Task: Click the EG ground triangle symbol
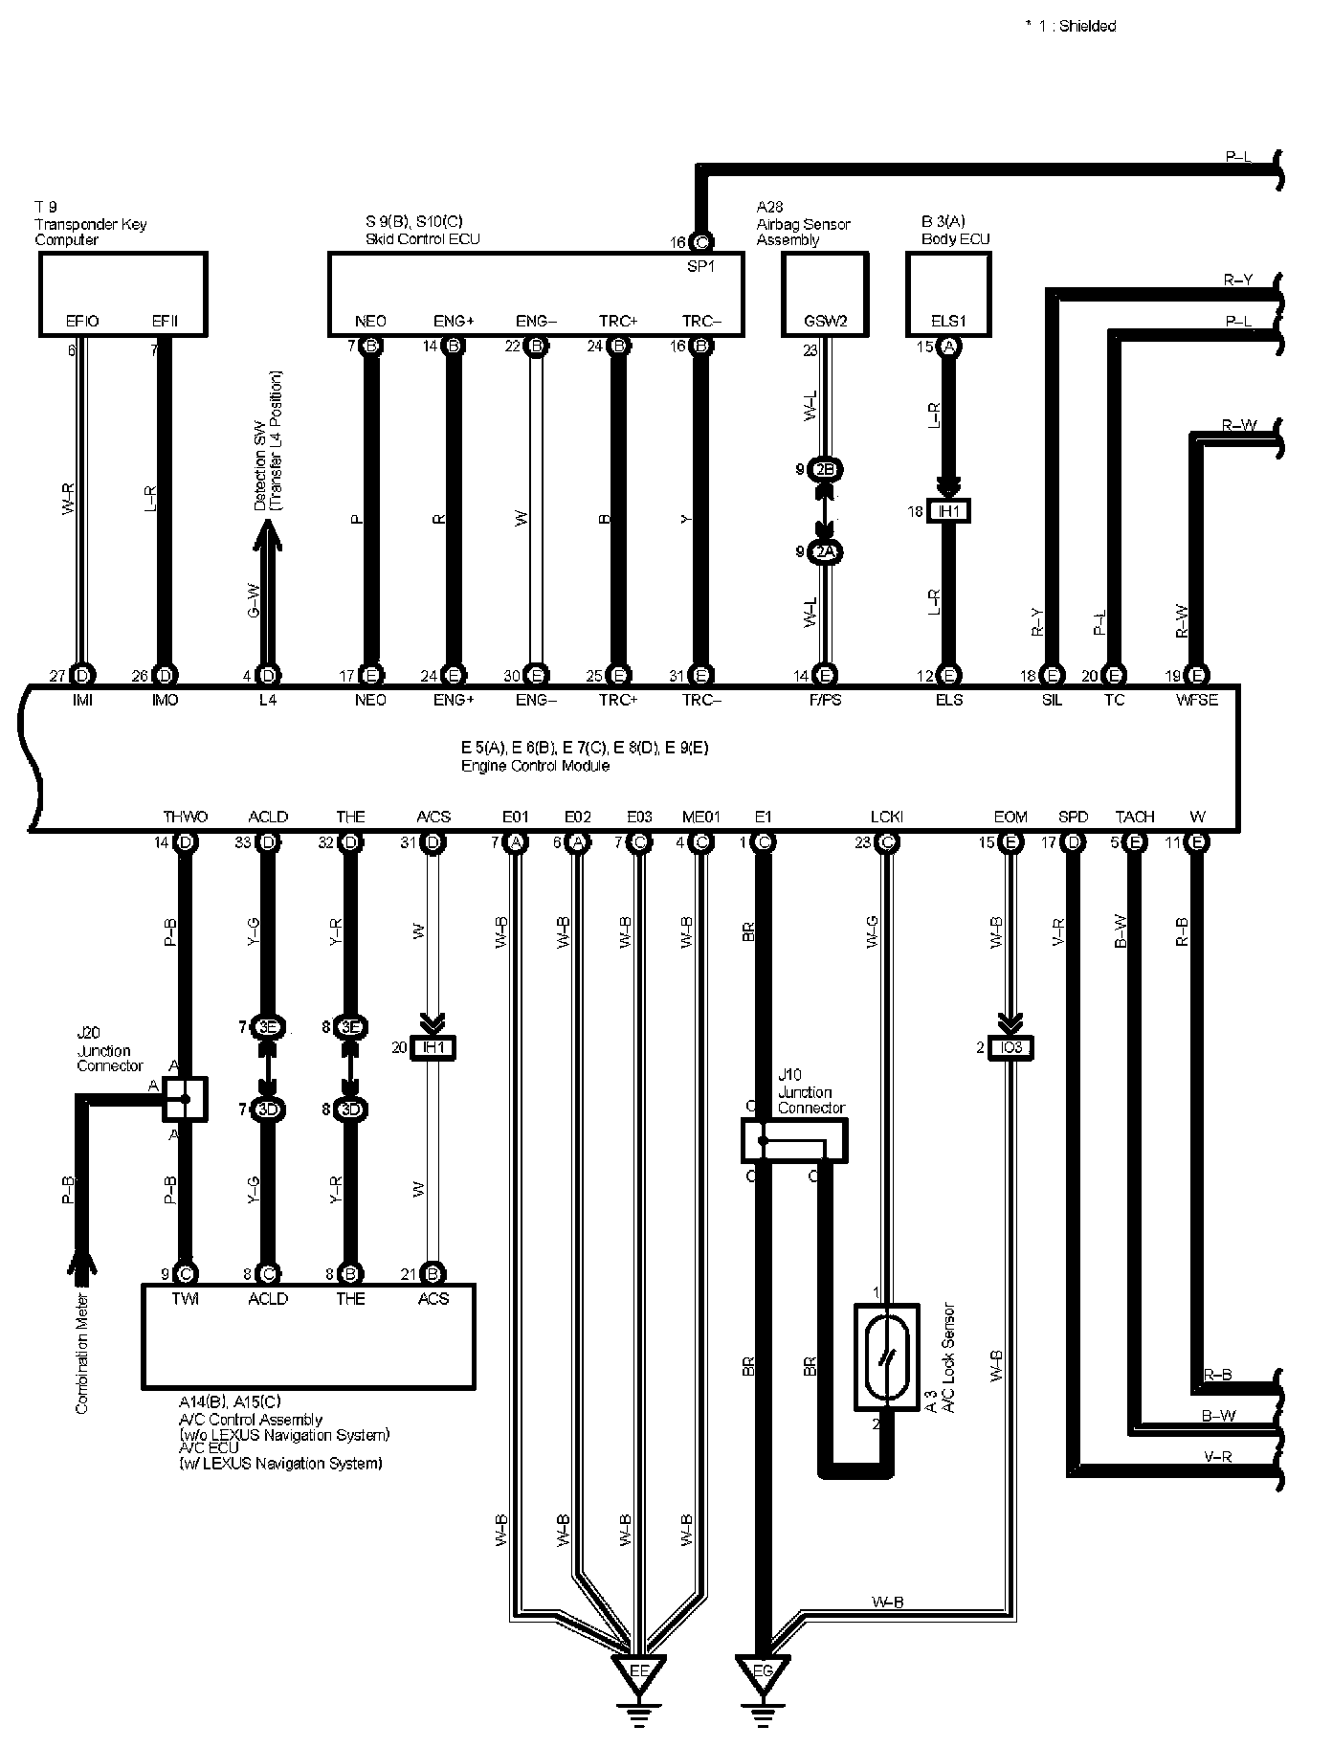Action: (x=763, y=1671)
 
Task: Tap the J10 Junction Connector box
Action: (x=793, y=1140)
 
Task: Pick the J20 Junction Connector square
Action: (x=185, y=1098)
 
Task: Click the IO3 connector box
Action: (x=1010, y=1048)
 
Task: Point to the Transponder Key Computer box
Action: (x=122, y=294)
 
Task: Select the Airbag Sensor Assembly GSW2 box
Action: (x=825, y=294)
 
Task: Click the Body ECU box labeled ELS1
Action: (x=948, y=294)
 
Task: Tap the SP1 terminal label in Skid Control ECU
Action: (x=700, y=267)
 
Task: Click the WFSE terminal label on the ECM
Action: (x=1197, y=700)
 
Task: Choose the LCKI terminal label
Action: (x=886, y=817)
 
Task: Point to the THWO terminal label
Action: (x=185, y=817)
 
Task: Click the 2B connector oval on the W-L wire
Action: (x=824, y=470)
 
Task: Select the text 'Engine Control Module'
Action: (x=535, y=766)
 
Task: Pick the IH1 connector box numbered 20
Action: (x=433, y=1048)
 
